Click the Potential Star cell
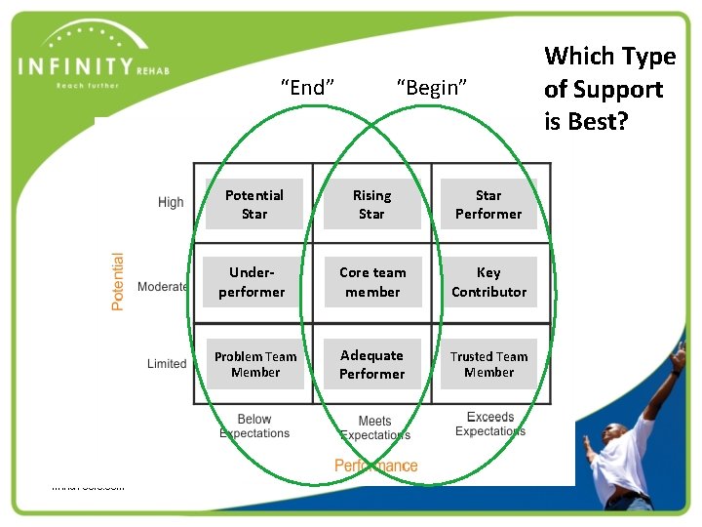(x=253, y=204)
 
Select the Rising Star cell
(x=371, y=204)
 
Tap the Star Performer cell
(x=488, y=204)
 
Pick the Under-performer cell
(x=253, y=282)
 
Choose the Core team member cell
(x=371, y=282)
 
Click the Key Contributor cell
(x=488, y=282)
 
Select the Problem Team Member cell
(x=254, y=364)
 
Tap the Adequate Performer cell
(x=371, y=364)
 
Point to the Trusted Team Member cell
(x=488, y=364)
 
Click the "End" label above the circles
(x=307, y=88)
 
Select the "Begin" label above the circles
(x=432, y=88)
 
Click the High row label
(x=171, y=202)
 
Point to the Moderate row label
(x=163, y=287)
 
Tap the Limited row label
(x=167, y=364)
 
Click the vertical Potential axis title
(x=118, y=282)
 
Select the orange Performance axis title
(x=375, y=466)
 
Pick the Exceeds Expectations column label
(x=489, y=425)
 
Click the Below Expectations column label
(x=254, y=426)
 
